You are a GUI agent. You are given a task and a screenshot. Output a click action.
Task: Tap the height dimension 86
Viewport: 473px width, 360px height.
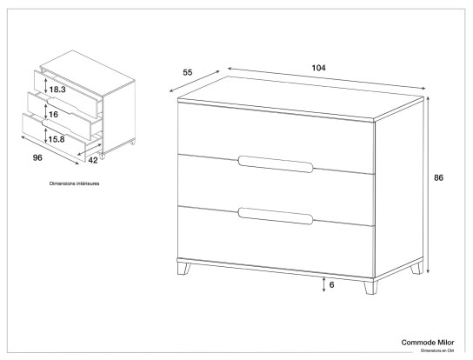[x=438, y=177]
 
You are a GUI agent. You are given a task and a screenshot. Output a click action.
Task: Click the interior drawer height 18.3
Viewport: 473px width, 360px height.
[x=57, y=90]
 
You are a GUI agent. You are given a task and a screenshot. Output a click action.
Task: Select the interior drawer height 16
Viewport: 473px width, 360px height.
[x=53, y=114]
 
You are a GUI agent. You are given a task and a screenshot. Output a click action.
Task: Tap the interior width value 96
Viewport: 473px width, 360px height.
[x=37, y=158]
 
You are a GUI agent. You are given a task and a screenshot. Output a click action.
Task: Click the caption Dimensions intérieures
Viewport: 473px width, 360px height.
[x=74, y=185]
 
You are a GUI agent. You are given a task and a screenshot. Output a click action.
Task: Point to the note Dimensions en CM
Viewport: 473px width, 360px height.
[x=438, y=352]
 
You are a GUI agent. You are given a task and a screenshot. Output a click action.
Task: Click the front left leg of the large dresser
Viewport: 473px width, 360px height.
[x=185, y=269]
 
